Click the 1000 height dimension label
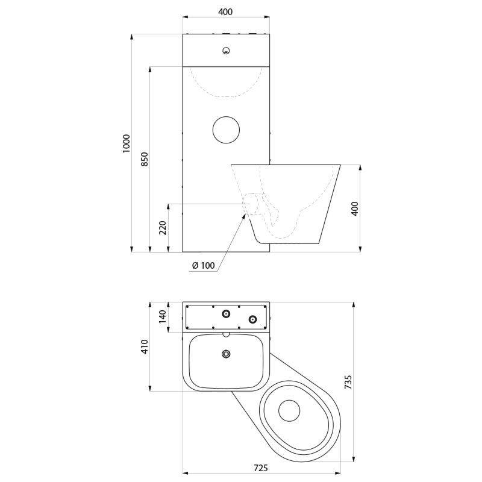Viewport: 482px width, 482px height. tap(127, 143)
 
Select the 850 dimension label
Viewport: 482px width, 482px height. tap(145, 159)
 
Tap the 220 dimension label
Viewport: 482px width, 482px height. tap(163, 228)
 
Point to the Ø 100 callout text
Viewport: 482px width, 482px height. tap(204, 265)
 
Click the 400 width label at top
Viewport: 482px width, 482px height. tap(225, 11)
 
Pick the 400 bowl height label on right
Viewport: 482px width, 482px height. tap(355, 208)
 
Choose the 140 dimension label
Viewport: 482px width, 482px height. tap(162, 317)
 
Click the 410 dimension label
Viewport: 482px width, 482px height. tap(145, 346)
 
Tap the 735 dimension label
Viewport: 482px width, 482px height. tap(348, 382)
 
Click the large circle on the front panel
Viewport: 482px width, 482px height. tap(227, 130)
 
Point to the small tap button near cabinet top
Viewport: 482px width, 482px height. tap(227, 51)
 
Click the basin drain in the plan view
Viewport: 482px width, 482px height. tap(227, 354)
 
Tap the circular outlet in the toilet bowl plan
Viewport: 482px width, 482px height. tap(289, 411)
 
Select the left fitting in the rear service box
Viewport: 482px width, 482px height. tap(227, 313)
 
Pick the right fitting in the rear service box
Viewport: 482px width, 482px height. tap(252, 319)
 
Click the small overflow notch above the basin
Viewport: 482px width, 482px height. tap(227, 334)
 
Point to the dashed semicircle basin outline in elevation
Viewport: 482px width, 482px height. tap(227, 97)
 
